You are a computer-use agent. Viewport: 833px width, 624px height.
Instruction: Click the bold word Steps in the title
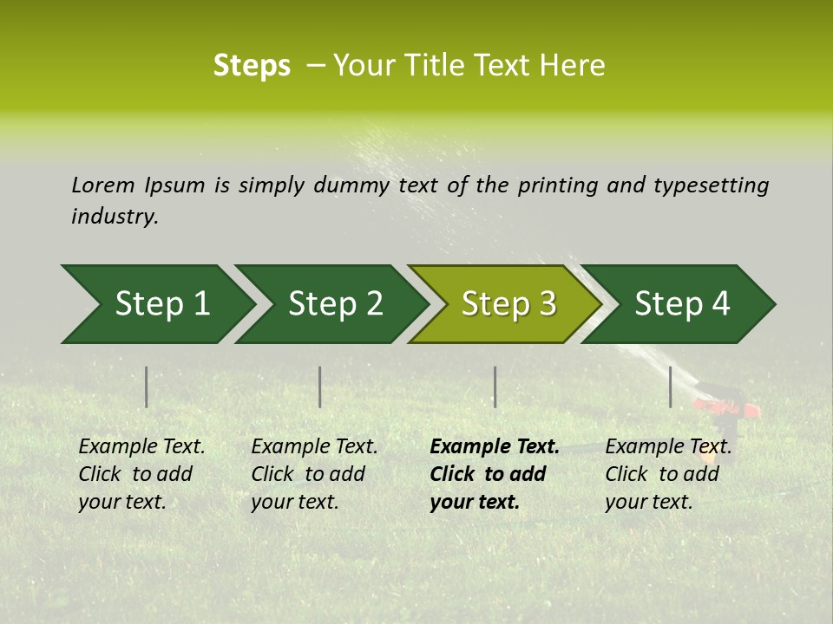[x=252, y=66]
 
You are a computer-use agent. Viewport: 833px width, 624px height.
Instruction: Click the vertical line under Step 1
[x=147, y=387]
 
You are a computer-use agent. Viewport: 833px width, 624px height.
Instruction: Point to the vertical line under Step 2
[x=320, y=387]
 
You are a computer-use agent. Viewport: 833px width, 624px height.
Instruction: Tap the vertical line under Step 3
[x=495, y=387]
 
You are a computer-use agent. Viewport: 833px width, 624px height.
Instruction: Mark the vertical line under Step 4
[x=670, y=387]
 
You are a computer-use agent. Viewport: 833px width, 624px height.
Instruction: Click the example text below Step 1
[x=141, y=474]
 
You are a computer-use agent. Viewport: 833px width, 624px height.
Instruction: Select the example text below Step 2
[x=314, y=474]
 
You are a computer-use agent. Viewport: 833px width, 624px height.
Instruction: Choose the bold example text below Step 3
[x=494, y=474]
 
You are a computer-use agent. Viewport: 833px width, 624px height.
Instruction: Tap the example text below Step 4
[x=668, y=474]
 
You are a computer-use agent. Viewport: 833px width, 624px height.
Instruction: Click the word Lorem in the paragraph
[x=102, y=185]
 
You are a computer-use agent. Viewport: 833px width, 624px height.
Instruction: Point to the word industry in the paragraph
[x=115, y=216]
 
